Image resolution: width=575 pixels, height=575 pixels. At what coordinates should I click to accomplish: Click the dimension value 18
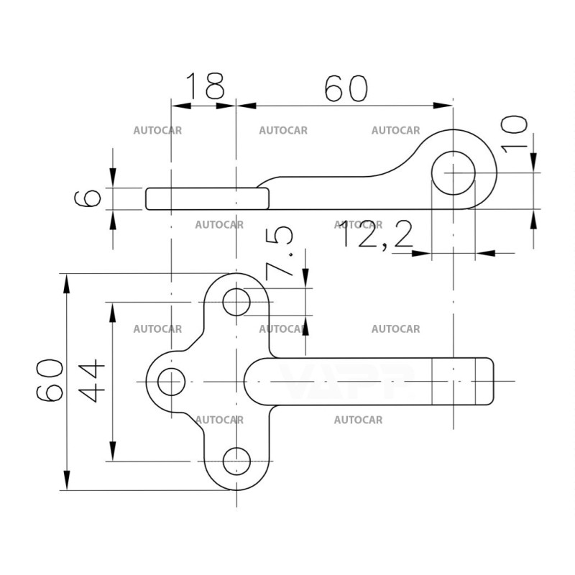point(206,88)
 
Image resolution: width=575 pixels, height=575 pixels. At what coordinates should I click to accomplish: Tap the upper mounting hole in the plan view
point(236,303)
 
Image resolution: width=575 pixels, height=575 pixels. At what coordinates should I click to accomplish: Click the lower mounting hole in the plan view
point(236,461)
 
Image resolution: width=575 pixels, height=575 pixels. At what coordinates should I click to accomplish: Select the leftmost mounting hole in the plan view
point(170,382)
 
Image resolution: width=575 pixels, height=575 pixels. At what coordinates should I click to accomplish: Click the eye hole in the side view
point(454,173)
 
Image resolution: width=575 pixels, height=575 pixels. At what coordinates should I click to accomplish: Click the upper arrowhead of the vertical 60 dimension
point(67,282)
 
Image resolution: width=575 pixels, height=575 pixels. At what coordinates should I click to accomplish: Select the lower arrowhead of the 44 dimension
point(111,453)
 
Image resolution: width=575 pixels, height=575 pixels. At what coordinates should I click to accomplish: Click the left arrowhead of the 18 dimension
point(180,106)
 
